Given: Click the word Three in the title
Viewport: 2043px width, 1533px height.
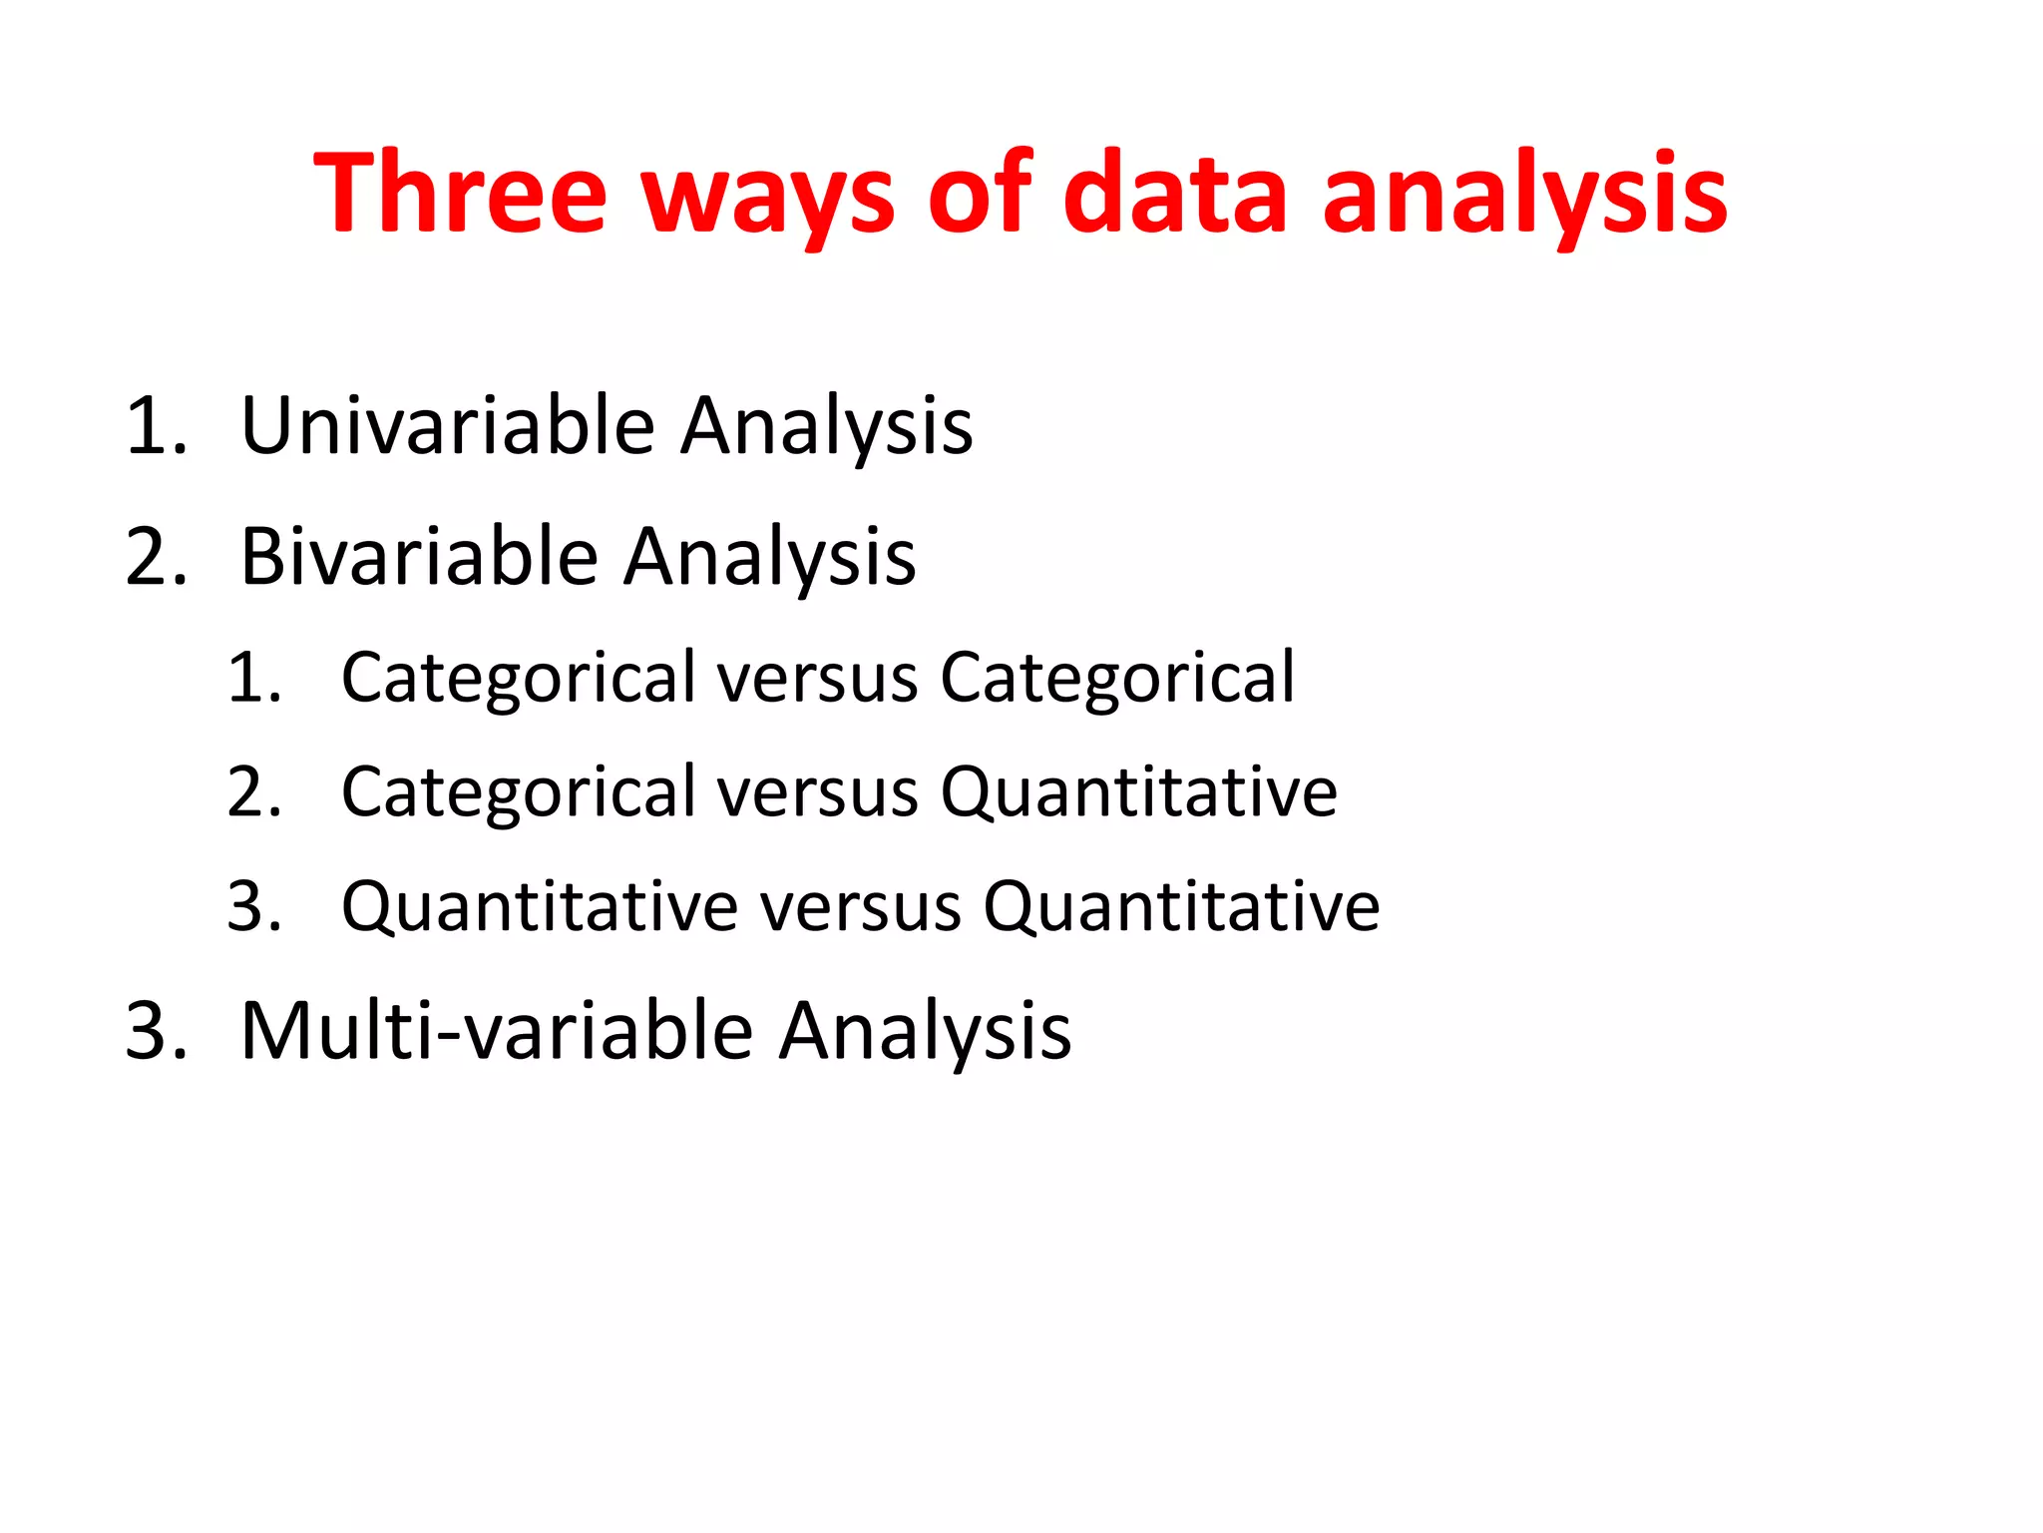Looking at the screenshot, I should [460, 192].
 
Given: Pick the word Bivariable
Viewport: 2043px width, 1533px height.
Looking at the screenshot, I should [419, 556].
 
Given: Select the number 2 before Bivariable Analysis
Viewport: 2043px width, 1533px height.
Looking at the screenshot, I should [155, 557].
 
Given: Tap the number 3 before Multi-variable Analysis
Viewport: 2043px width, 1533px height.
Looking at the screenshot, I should [155, 1031].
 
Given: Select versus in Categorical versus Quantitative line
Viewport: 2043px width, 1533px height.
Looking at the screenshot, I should [817, 793].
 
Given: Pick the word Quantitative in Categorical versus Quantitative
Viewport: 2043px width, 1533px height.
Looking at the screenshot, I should [1138, 793].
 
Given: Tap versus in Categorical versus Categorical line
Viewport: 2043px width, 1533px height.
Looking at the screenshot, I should [817, 679].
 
